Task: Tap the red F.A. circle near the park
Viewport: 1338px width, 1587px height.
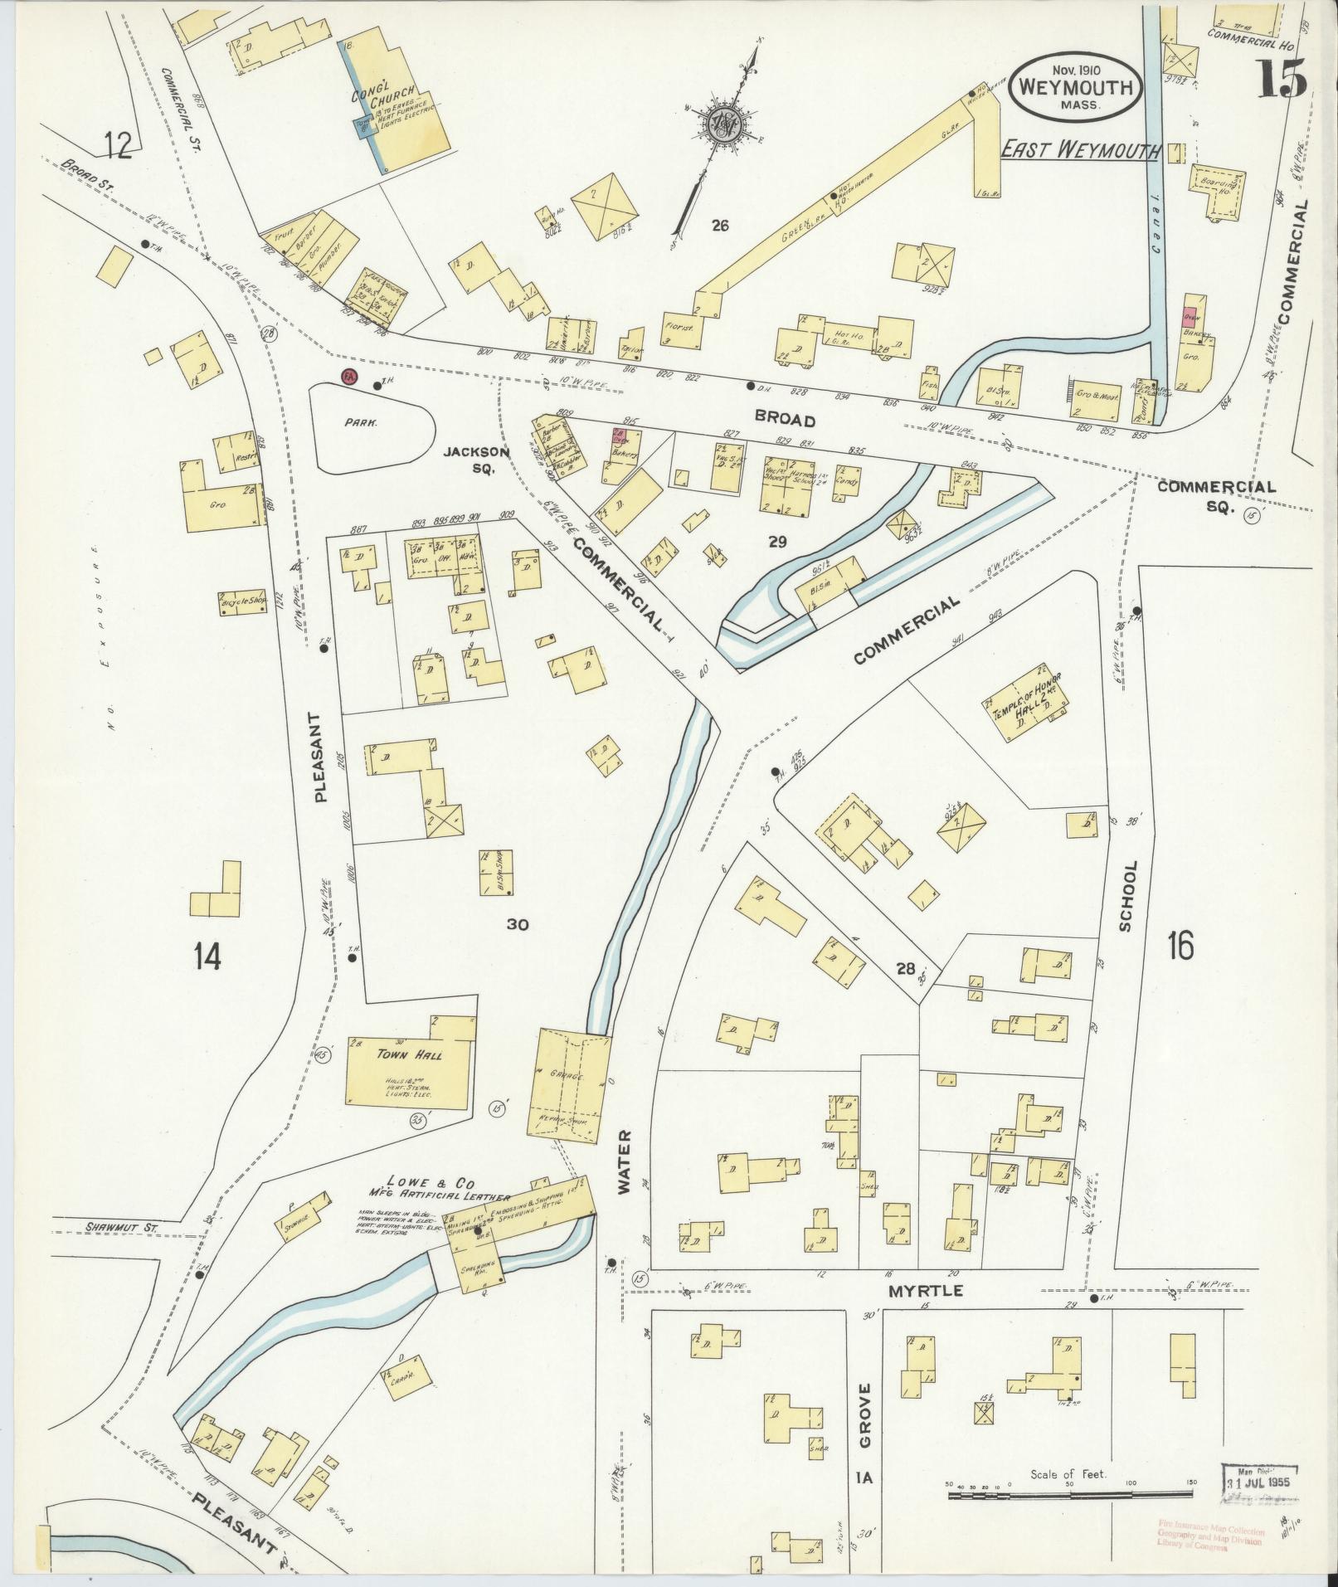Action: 349,377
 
